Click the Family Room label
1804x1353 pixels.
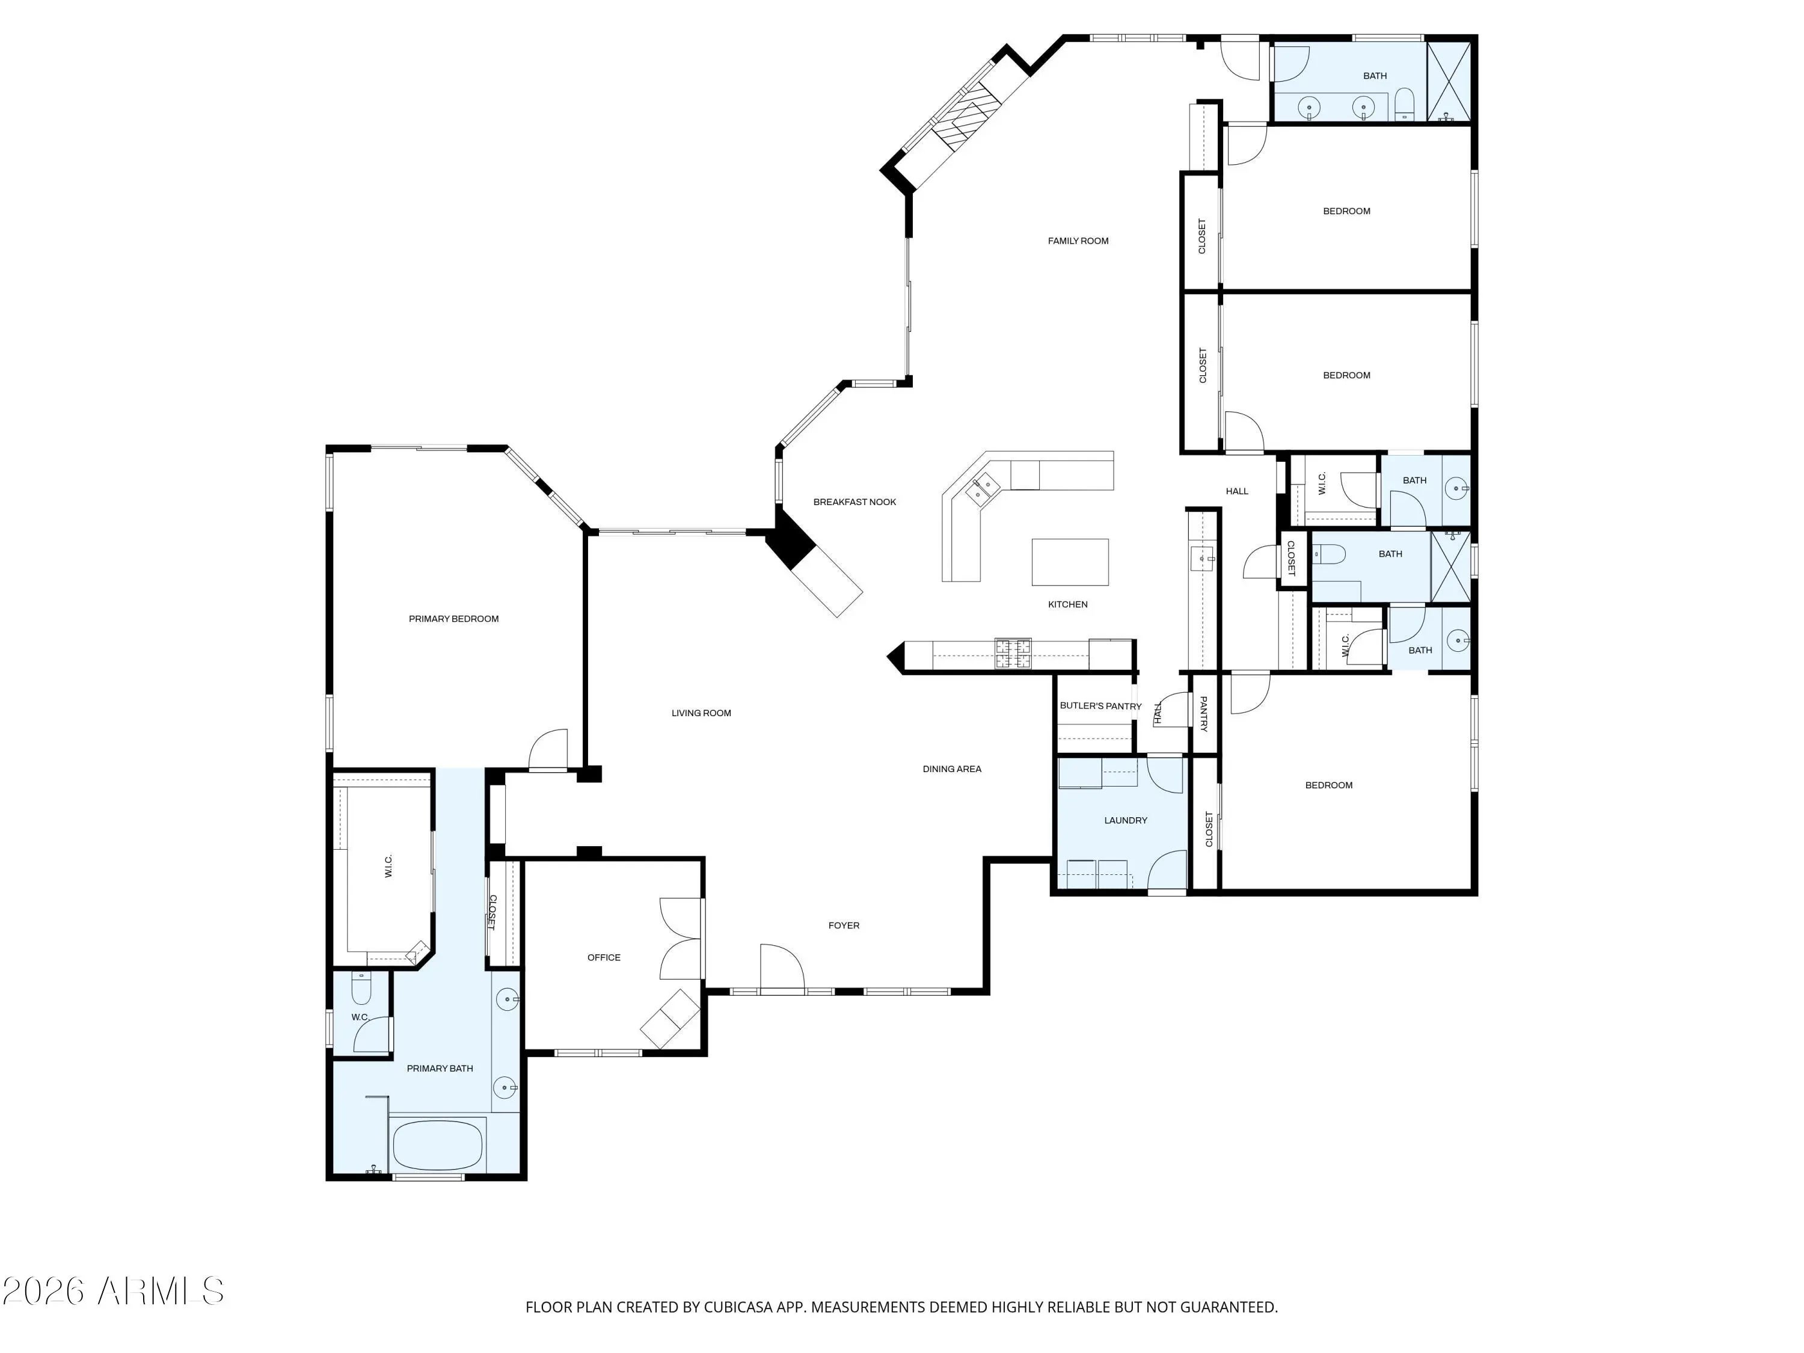(1078, 241)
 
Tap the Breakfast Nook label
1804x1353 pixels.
(854, 502)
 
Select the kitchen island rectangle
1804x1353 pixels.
(1069, 562)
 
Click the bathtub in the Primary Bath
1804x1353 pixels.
(437, 1145)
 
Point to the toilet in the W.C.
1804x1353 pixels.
(361, 989)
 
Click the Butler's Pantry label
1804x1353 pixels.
(1100, 705)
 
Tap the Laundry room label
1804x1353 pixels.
(1126, 820)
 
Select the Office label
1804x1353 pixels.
(604, 957)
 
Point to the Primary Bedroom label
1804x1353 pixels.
(453, 619)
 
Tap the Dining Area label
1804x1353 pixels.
(952, 769)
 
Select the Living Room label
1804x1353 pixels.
(701, 713)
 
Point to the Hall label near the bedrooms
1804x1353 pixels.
(1236, 491)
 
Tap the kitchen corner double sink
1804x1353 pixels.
(983, 488)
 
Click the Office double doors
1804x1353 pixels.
(680, 939)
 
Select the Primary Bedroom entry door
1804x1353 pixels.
(548, 749)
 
